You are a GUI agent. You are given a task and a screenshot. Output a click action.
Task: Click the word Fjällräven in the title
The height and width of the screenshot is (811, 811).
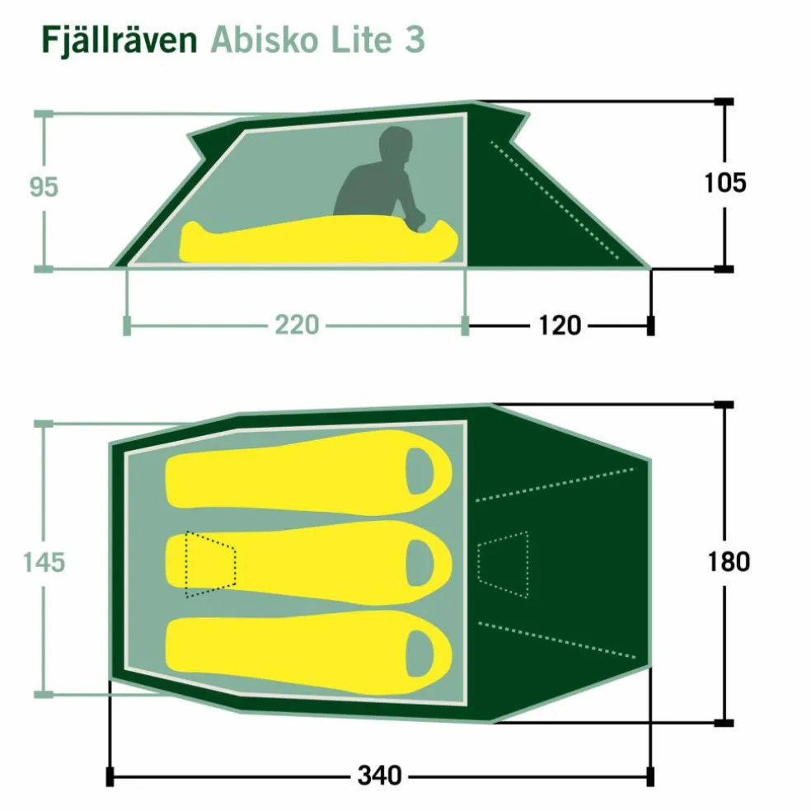tap(120, 40)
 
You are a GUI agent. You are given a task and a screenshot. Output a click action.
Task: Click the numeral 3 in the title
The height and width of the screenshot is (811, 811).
tap(415, 40)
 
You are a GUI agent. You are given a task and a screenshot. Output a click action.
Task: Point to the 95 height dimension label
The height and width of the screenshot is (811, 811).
tap(44, 187)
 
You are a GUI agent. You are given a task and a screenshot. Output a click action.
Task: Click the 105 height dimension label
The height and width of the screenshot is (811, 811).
tap(725, 183)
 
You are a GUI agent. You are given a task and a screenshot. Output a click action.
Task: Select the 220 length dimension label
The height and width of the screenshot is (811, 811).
tap(297, 326)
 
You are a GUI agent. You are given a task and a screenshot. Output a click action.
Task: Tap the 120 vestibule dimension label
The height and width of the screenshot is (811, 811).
tap(560, 326)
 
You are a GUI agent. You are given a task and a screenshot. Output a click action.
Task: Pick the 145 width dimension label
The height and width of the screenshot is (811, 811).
tap(44, 562)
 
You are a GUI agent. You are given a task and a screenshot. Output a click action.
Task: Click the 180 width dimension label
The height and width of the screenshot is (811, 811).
tap(729, 562)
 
